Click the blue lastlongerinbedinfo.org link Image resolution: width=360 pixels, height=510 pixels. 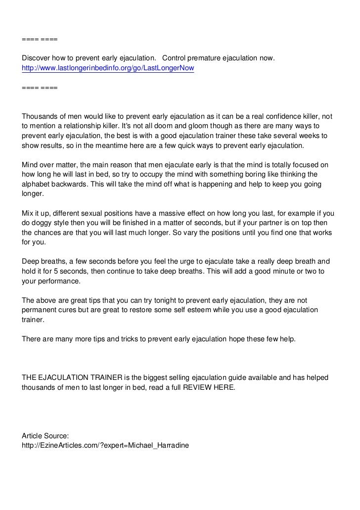click(108, 69)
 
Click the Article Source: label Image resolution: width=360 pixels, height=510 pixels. click(45, 436)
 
